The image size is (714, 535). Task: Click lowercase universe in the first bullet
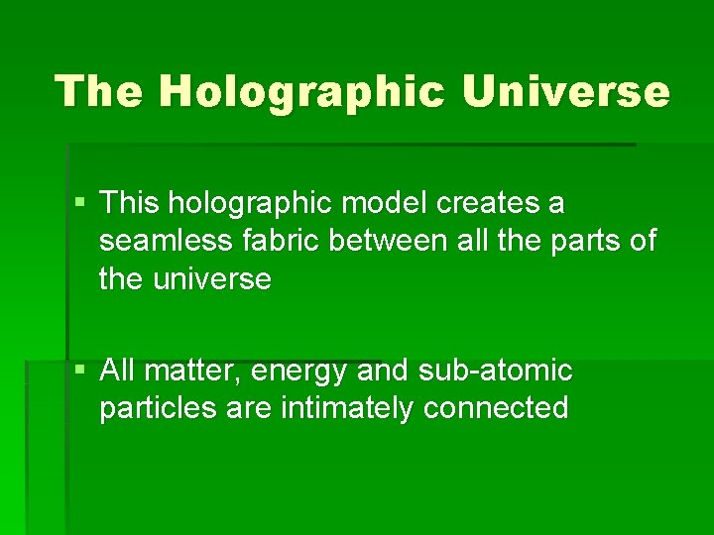212,279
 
